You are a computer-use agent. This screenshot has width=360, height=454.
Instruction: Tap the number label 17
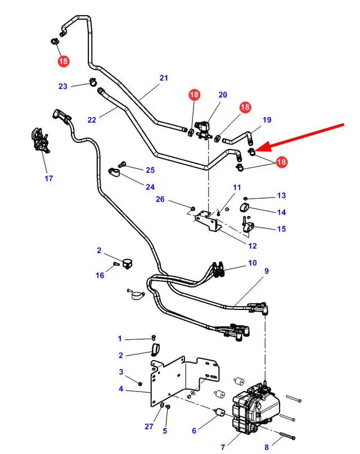[x=49, y=179]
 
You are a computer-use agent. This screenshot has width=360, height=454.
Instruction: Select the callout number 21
[x=164, y=78]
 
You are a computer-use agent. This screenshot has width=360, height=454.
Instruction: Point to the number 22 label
[x=92, y=119]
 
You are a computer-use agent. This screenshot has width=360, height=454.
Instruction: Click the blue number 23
[x=62, y=86]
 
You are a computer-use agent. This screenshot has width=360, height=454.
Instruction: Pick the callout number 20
[x=223, y=95]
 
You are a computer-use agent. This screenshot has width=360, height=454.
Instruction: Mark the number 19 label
[x=267, y=120]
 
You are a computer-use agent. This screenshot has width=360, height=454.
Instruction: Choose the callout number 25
[x=150, y=170]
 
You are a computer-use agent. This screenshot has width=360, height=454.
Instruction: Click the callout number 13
[x=281, y=196]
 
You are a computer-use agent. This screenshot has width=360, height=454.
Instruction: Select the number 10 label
[x=253, y=263]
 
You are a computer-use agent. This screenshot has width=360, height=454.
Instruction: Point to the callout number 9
[x=267, y=271]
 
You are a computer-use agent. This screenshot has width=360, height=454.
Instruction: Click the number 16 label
[x=100, y=276]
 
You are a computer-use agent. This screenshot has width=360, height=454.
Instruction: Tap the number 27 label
[x=149, y=426]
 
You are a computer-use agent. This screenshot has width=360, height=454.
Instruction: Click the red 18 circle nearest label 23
[x=63, y=60]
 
